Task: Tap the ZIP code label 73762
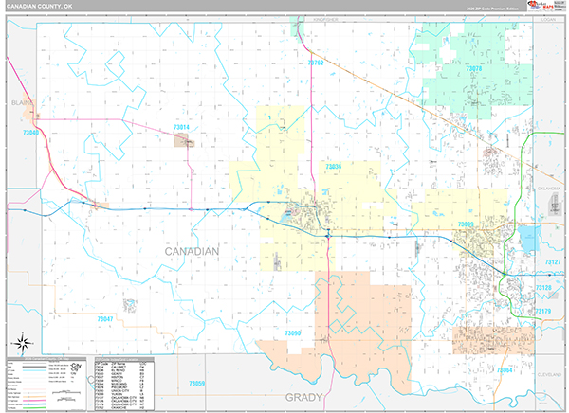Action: tap(316, 63)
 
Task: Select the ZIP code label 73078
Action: tap(474, 69)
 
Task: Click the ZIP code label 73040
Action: tap(29, 134)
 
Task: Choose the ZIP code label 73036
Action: tap(333, 167)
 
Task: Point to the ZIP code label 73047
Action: tap(104, 320)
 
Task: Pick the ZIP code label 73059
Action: tap(197, 383)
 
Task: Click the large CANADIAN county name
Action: tap(192, 252)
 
